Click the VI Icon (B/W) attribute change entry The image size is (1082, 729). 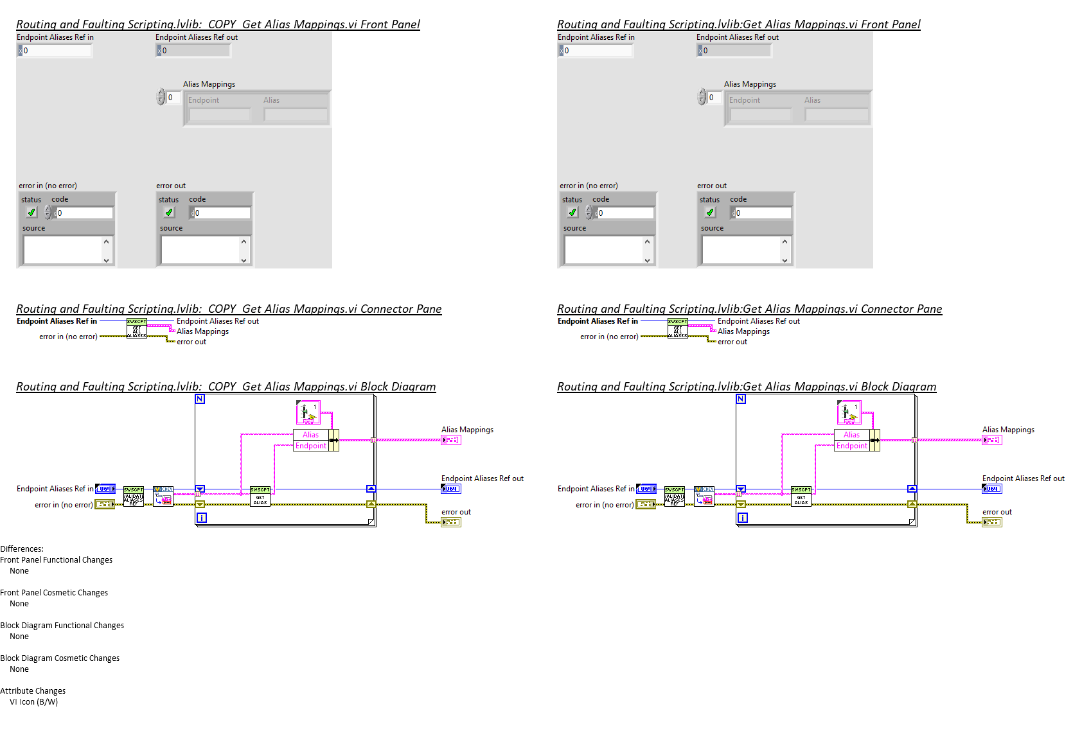(x=33, y=702)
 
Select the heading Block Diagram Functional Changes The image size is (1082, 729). (x=62, y=626)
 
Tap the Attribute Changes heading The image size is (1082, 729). (x=33, y=691)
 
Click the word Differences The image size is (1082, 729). (x=22, y=549)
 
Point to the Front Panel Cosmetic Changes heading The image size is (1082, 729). (x=54, y=593)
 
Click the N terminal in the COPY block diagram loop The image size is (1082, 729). (x=200, y=399)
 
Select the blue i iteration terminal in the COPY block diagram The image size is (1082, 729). (x=201, y=518)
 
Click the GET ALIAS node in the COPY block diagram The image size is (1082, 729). (x=260, y=496)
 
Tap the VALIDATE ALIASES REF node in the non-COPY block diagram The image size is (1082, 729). (x=675, y=496)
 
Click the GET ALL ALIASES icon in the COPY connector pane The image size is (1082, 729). (x=137, y=328)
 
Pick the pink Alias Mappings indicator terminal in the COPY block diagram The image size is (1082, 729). (x=451, y=440)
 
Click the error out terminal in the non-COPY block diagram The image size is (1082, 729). (x=992, y=522)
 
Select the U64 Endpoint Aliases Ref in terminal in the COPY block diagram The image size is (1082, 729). (x=106, y=489)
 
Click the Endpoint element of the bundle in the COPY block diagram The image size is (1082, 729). (x=311, y=446)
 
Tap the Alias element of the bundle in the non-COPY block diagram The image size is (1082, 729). (x=851, y=435)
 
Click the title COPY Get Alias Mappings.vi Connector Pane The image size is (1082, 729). (x=229, y=309)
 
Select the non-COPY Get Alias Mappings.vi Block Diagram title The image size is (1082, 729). (x=747, y=387)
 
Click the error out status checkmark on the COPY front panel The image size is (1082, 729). (x=169, y=213)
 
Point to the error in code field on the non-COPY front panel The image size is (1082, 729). (x=625, y=213)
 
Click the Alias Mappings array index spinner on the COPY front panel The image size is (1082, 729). (x=161, y=98)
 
